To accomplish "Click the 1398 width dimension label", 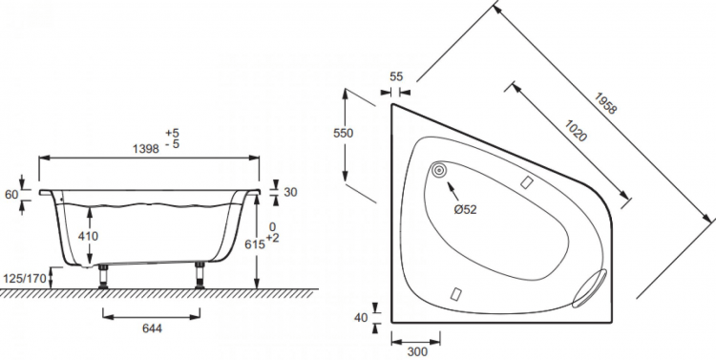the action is pyautogui.click(x=146, y=148).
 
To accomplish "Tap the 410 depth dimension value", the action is pyautogui.click(x=88, y=236).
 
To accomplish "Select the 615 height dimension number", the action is pyautogui.click(x=255, y=244).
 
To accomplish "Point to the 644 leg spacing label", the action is pyautogui.click(x=152, y=328).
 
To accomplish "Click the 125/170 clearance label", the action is pyautogui.click(x=25, y=278).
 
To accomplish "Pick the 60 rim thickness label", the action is pyautogui.click(x=11, y=195).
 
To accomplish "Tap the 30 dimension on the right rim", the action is pyautogui.click(x=290, y=192).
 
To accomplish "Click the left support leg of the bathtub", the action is pyautogui.click(x=103, y=276).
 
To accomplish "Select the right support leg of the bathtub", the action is pyautogui.click(x=200, y=275).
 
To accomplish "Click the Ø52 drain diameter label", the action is pyautogui.click(x=465, y=210).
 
